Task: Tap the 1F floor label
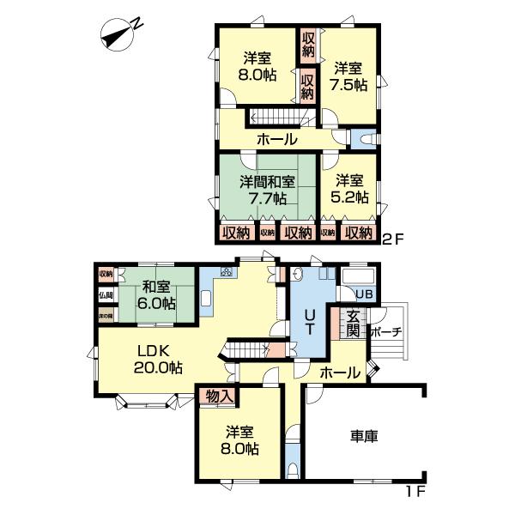point(417,493)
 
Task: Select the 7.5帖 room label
point(350,76)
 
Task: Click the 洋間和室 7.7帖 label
point(267,191)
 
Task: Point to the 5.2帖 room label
point(350,189)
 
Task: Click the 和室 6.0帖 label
point(158,296)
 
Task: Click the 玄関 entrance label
point(354,324)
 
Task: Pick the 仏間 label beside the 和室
point(105,294)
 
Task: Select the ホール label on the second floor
point(276,139)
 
